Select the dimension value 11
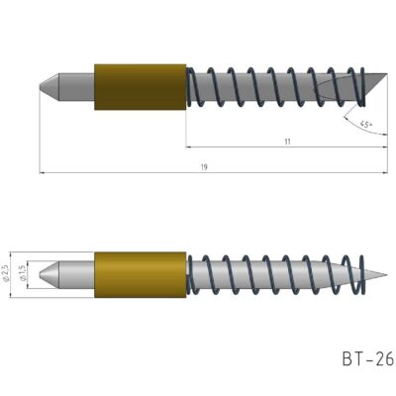(x=287, y=142)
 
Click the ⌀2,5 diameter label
(x=7, y=273)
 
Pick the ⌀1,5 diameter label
(x=23, y=273)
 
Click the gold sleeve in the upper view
(x=140, y=86)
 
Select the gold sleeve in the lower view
(x=140, y=274)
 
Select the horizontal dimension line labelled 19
(x=119, y=174)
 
